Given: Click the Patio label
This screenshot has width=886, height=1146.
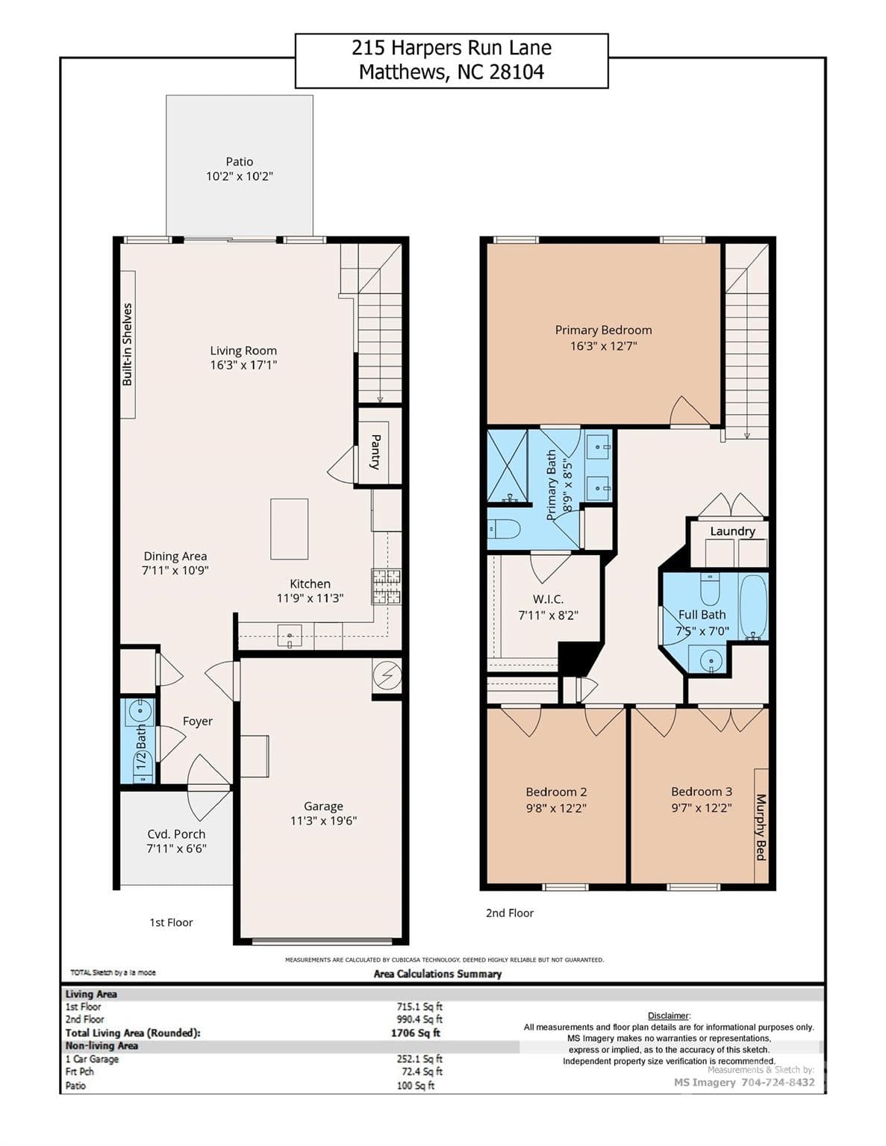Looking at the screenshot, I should (x=239, y=161).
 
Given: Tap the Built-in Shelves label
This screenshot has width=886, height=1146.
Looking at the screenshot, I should (x=127, y=344).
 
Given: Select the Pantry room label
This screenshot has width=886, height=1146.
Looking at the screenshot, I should (x=375, y=451).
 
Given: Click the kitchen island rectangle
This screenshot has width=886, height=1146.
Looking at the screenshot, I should (x=289, y=529).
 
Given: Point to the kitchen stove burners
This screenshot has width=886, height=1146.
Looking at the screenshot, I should (x=386, y=586).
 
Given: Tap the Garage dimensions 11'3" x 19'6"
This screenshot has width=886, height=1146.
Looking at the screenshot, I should (x=323, y=821).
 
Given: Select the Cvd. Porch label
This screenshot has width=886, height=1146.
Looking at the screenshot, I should (x=176, y=834).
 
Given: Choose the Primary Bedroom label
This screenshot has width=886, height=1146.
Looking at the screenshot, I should (x=603, y=330).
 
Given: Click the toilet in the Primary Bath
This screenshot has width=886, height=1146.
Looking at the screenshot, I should (x=504, y=529).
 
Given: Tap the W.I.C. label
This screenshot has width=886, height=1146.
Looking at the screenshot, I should (x=548, y=599).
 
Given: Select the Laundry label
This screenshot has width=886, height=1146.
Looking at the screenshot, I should (x=732, y=531).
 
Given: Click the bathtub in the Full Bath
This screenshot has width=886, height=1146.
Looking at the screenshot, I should (x=752, y=606).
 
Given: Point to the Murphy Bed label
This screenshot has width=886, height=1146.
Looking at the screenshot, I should (x=761, y=827).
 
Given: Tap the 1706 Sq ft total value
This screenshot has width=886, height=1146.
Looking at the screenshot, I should (x=415, y=1033).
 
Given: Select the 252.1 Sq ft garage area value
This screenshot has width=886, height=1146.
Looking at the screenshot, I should (x=419, y=1059).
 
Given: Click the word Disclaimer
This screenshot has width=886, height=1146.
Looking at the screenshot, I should (x=668, y=1015).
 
